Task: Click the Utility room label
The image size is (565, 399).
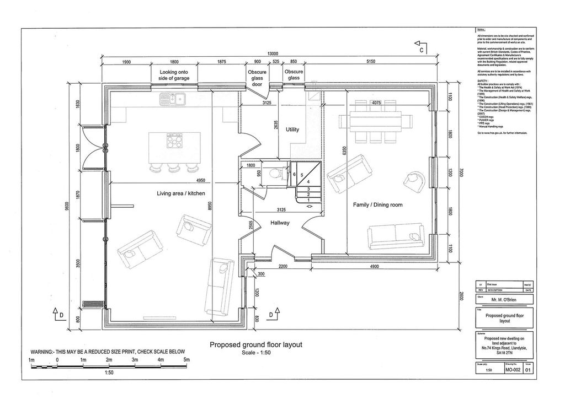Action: coord(292,130)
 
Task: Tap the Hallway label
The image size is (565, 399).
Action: coord(280,223)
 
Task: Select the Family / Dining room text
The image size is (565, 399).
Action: coord(377,205)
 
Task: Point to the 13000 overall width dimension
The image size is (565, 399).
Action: coord(269,53)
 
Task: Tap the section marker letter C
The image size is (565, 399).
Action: coord(421,50)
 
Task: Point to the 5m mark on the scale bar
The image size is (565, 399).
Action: coord(186,360)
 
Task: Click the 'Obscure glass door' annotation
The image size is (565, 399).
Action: coord(257,78)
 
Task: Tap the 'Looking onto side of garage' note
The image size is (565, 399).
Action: coord(174,75)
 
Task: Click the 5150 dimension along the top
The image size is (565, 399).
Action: coord(370,62)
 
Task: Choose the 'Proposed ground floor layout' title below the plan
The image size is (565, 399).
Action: coord(257,344)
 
